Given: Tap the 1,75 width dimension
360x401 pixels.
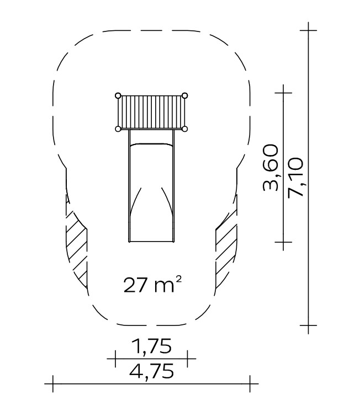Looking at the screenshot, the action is pyautogui.click(x=151, y=346).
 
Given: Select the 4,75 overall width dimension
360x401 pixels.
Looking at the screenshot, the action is pyautogui.click(x=152, y=371).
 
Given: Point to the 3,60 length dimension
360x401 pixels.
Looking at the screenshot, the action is pyautogui.click(x=271, y=168).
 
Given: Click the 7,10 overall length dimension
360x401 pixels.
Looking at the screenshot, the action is pyautogui.click(x=295, y=177).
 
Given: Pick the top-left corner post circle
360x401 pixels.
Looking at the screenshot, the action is pyautogui.click(x=118, y=95).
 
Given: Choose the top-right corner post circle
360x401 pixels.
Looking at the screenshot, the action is pyautogui.click(x=184, y=95).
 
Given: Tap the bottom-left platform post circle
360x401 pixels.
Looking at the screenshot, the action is pyautogui.click(x=118, y=129).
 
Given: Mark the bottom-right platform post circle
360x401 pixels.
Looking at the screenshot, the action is pyautogui.click(x=184, y=129).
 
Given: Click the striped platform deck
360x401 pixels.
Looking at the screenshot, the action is pyautogui.click(x=151, y=113).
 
